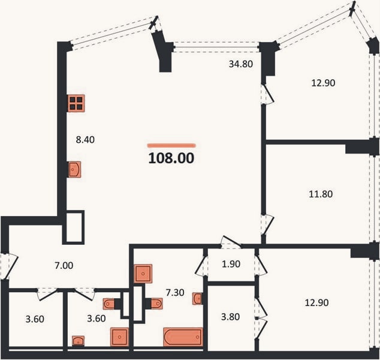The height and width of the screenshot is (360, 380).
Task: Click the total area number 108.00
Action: click(171, 158)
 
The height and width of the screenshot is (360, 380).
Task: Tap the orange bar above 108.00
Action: click(171, 146)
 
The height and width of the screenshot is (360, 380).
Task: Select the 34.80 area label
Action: click(241, 64)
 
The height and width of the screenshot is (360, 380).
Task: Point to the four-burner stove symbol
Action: click(76, 103)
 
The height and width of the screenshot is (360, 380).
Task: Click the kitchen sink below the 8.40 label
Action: click(74, 169)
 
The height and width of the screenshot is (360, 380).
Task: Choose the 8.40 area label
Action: click(85, 140)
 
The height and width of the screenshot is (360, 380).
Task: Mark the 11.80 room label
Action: click(321, 194)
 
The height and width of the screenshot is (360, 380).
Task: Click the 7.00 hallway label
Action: click(64, 266)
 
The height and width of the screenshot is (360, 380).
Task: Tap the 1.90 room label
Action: click(231, 264)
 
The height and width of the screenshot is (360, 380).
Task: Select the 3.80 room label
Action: click(231, 317)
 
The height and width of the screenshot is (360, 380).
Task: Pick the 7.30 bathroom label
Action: click(175, 293)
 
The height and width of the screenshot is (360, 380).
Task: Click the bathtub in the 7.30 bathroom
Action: click(183, 337)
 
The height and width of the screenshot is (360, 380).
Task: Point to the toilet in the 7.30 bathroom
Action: click(155, 304)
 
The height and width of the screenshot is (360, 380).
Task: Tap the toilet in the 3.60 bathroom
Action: click(111, 304)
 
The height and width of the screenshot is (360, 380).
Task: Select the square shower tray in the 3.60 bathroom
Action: click(119, 337)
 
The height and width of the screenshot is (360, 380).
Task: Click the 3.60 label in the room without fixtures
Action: click(35, 319)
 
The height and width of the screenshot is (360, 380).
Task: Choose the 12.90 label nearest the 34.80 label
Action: click(323, 83)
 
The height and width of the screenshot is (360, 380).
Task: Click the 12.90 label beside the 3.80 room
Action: click(316, 302)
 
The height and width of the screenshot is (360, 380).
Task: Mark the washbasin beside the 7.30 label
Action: click(198, 298)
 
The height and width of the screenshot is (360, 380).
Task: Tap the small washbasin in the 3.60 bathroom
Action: click(79, 341)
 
